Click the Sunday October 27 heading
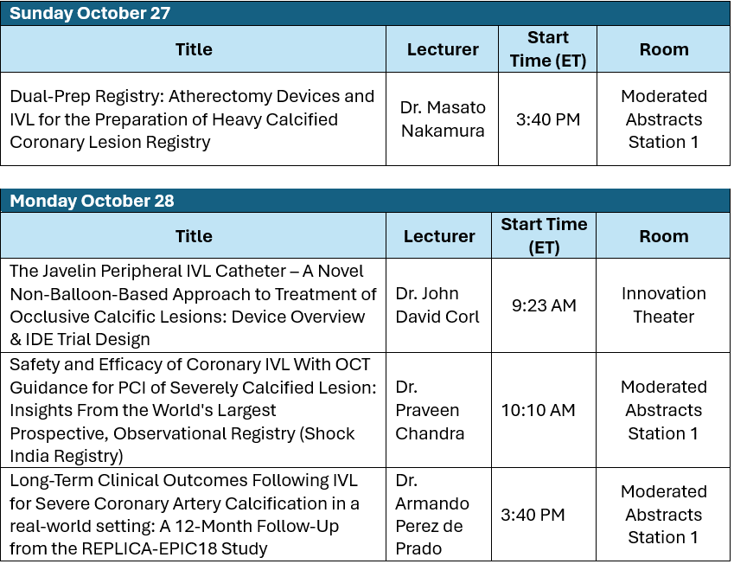pos(90,13)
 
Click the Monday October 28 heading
pos(92,201)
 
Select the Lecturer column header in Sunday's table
pos(443,49)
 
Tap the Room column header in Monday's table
pos(664,236)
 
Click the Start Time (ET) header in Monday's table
pos(544,235)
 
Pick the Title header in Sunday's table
pos(194,49)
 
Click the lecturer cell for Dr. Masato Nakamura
pos(443,119)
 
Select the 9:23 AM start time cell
pos(544,305)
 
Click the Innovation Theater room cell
pos(664,305)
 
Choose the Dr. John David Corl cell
pos(437,305)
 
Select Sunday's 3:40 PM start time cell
pos(548,119)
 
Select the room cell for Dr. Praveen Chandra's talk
pos(664,410)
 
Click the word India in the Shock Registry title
pos(29,456)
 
